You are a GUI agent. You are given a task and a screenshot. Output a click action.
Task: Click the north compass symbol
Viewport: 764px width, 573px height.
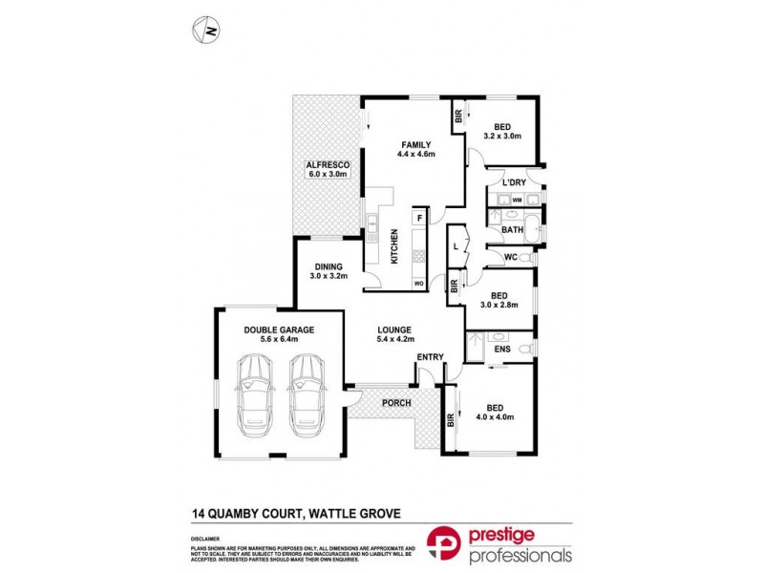pos(206,31)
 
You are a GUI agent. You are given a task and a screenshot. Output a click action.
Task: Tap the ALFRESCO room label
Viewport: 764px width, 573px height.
pos(329,165)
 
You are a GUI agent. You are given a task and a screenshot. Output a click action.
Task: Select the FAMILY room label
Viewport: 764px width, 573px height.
pos(416,145)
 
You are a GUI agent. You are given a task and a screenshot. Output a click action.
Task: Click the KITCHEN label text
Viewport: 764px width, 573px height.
pos(393,245)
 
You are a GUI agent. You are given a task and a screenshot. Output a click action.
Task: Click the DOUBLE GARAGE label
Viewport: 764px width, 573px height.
pos(278,329)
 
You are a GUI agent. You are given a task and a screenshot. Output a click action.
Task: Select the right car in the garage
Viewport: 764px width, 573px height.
pos(308,391)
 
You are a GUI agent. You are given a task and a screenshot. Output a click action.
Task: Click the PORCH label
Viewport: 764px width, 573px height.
pos(395,403)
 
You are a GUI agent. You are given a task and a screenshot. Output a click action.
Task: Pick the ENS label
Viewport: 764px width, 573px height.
pos(501,350)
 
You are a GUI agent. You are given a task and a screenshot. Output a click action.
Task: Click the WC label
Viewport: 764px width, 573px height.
pos(511,257)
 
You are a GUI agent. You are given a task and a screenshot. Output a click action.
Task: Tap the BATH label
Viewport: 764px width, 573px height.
pos(513,229)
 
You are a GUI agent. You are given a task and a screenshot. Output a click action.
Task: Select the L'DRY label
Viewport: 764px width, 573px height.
pos(515,182)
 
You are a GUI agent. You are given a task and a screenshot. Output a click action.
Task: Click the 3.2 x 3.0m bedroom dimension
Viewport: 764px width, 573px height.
pos(501,137)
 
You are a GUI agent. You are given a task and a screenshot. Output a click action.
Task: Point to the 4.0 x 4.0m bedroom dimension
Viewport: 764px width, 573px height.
pos(495,416)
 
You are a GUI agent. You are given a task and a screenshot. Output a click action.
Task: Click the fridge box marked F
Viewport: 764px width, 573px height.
pos(419,219)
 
